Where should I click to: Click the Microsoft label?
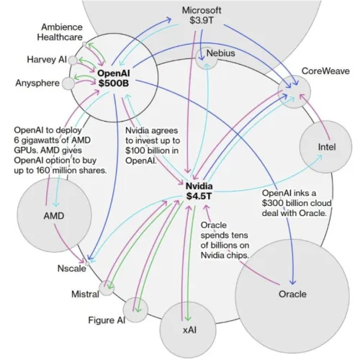[202, 10]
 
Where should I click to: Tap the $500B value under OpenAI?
[114, 83]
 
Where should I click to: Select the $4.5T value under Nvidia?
[199, 196]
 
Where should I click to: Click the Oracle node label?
[292, 294]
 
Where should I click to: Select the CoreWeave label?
[325, 71]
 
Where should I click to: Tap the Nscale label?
[71, 269]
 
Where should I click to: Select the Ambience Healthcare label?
[60, 32]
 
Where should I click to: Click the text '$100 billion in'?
[152, 150]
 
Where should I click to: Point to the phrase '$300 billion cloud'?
[297, 203]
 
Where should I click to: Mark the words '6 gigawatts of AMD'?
[53, 140]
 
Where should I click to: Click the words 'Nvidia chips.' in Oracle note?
[225, 255]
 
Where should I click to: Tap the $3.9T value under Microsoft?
[201, 20]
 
